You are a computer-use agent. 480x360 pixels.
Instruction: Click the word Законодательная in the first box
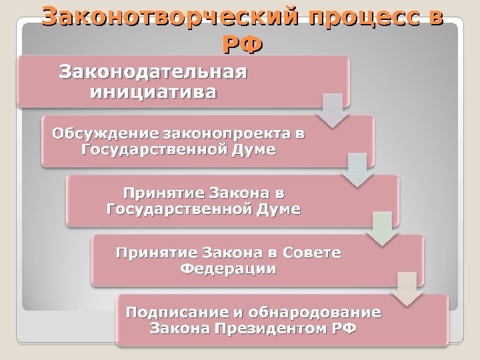153,71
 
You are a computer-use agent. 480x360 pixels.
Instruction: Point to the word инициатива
153,91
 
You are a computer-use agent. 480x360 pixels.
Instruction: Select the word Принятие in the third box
164,194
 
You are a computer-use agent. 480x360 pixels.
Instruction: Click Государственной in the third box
178,210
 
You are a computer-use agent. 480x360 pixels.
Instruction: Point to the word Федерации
228,269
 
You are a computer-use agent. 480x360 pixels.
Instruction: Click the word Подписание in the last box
177,312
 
